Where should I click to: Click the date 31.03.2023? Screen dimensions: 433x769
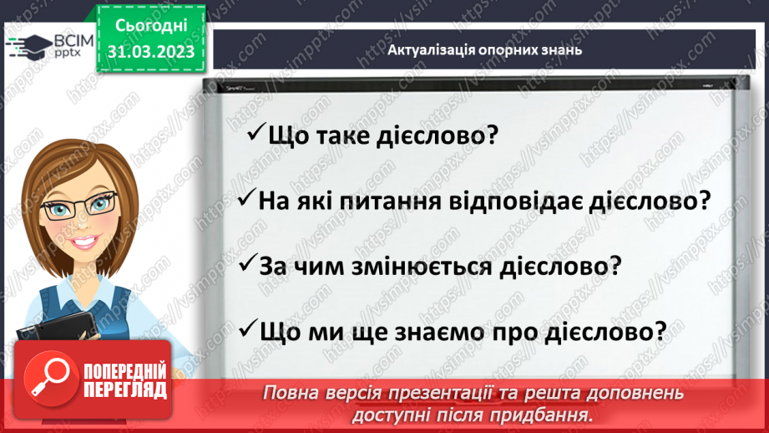click(150, 52)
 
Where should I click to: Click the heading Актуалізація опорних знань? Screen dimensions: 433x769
click(484, 49)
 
